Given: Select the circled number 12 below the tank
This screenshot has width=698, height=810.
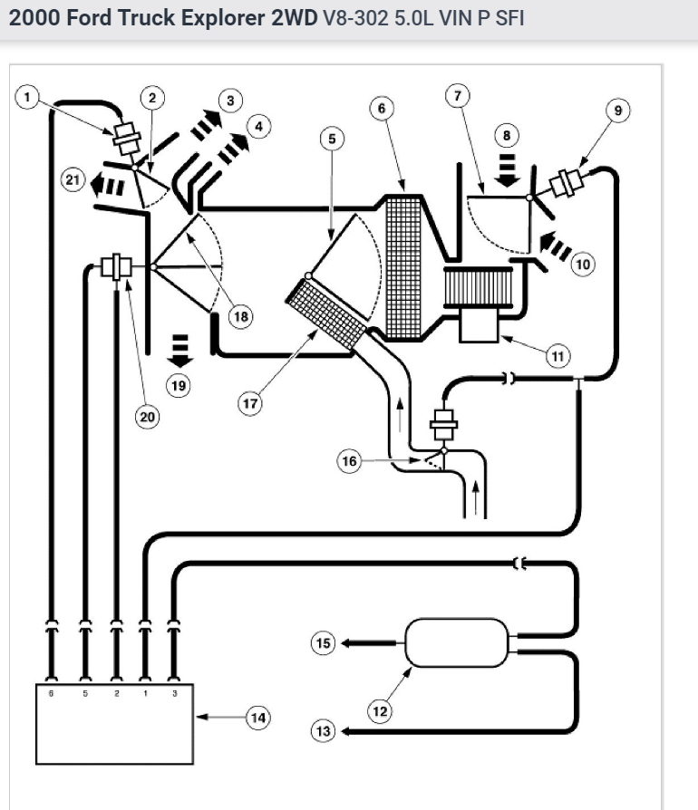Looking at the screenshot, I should point(379,712).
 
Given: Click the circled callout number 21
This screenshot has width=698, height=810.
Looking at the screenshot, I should point(72,180).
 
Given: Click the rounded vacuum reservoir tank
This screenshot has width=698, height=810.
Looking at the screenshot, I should point(455,643).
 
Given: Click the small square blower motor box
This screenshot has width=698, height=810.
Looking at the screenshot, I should point(480,324).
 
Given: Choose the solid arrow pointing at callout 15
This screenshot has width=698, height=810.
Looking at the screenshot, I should point(367,643).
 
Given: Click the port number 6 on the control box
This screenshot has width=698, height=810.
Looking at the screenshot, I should point(52,694).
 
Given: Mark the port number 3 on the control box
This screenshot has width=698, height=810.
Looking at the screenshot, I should point(175,694).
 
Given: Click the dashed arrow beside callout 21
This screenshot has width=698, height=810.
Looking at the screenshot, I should point(108,185).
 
